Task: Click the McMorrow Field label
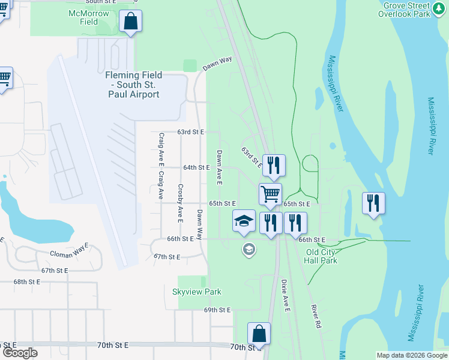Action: [x=89, y=17]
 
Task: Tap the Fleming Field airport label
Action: [x=134, y=85]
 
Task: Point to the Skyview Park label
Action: [x=197, y=292]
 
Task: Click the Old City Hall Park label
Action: [x=322, y=256]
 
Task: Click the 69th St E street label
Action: [x=217, y=310]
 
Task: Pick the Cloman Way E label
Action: [x=69, y=246]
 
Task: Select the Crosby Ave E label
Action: [x=180, y=200]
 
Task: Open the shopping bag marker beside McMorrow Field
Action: [x=131, y=22]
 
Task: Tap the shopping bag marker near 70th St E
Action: [x=259, y=334]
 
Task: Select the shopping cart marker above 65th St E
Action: [x=271, y=194]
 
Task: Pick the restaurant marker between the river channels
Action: [x=373, y=204]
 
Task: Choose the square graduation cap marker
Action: [x=244, y=221]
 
